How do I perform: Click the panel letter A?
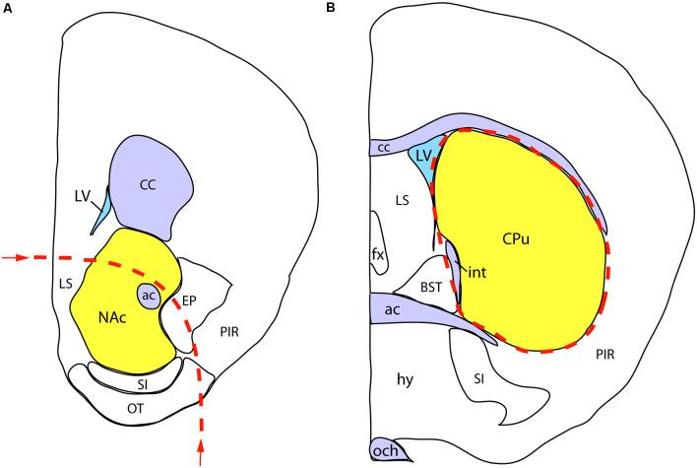pos(8,9)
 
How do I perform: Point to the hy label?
pos(405,378)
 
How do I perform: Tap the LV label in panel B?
pos(424,155)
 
